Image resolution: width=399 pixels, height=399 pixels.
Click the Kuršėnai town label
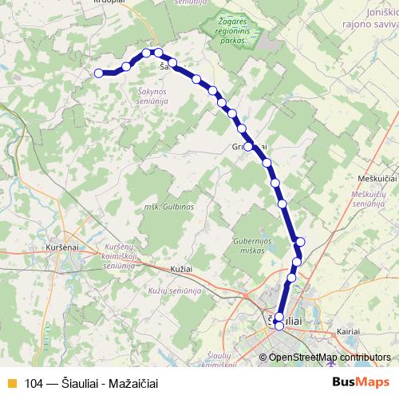click(x=61, y=249)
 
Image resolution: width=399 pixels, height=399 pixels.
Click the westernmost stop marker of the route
click(x=100, y=73)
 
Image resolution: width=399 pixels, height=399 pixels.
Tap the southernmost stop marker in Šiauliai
click(x=279, y=326)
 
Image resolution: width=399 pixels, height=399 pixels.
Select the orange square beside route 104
click(x=11, y=384)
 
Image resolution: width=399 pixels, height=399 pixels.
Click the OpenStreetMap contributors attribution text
click(x=330, y=357)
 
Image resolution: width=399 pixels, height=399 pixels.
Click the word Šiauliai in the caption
click(x=82, y=384)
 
